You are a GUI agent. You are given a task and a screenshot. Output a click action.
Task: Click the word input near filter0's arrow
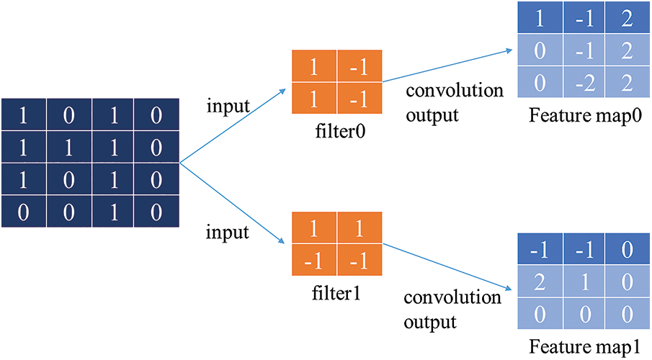(228, 106)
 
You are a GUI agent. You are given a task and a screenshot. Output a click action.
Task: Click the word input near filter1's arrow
(228, 233)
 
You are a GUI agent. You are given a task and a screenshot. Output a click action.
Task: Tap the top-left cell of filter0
(315, 69)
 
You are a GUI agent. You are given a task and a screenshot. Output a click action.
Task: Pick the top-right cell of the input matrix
(155, 114)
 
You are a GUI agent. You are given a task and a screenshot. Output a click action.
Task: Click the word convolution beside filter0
(454, 91)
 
